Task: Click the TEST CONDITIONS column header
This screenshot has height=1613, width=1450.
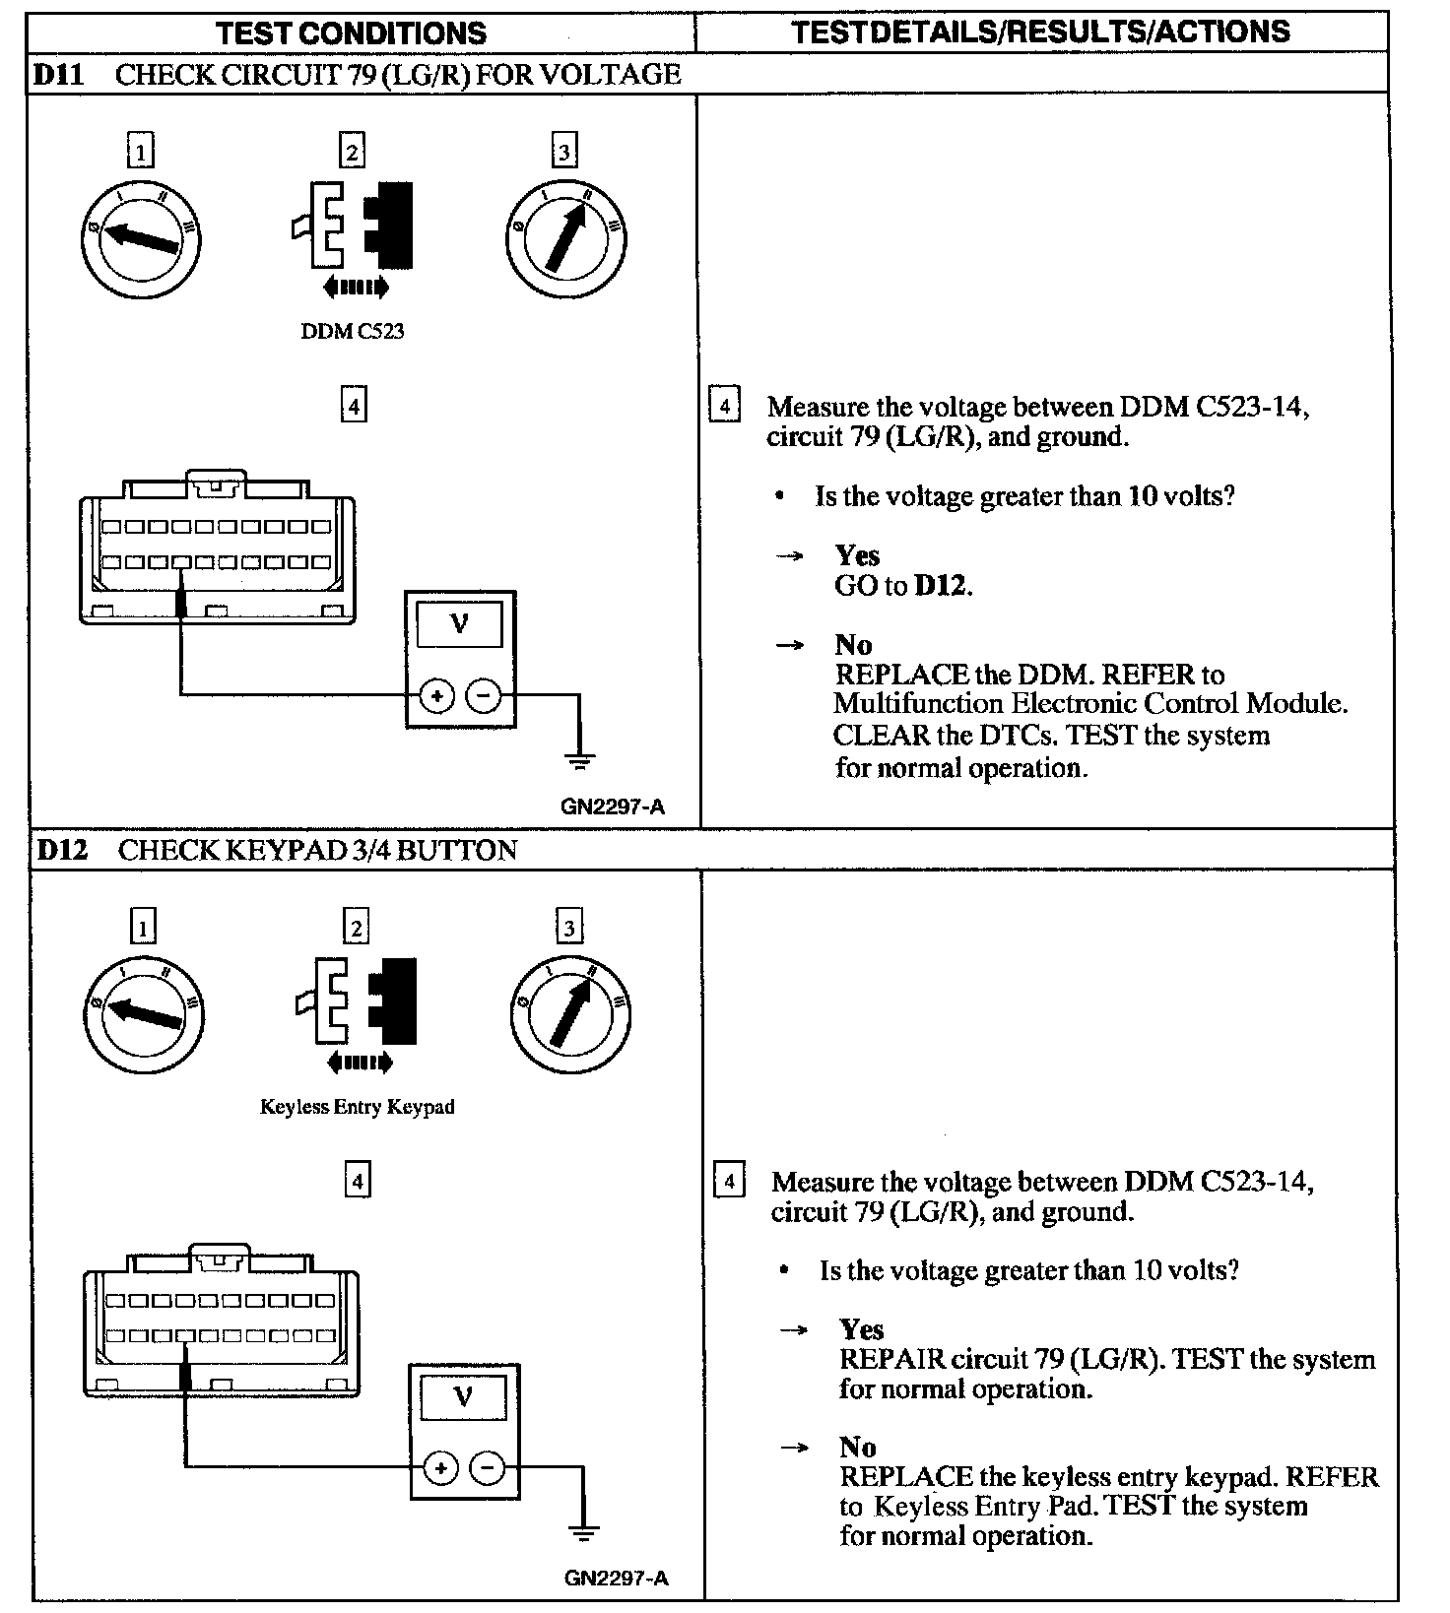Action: [351, 32]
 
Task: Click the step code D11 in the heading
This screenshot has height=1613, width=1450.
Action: [59, 75]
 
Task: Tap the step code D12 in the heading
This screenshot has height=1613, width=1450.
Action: [61, 850]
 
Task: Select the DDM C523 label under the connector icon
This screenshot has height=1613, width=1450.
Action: [352, 331]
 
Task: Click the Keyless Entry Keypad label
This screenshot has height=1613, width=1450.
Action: [357, 1107]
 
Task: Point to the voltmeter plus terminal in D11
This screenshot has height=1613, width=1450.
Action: [436, 696]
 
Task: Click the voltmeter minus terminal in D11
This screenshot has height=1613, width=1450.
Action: [484, 696]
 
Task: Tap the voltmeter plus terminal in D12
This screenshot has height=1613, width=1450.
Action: [440, 1469]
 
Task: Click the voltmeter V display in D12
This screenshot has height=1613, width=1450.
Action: [463, 1396]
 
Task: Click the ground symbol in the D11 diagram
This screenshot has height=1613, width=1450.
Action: [579, 761]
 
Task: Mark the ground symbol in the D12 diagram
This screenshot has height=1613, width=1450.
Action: [583, 1534]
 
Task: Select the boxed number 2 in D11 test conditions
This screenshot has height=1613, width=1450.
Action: [352, 152]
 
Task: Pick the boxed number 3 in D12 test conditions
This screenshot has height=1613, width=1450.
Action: [568, 927]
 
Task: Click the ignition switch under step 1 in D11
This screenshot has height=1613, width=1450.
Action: [141, 238]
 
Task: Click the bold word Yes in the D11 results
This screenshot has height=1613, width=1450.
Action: [857, 556]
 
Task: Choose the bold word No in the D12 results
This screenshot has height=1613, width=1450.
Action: [858, 1447]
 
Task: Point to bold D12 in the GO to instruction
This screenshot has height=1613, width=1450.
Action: [943, 586]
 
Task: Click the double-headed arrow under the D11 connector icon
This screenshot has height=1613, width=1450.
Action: [356, 288]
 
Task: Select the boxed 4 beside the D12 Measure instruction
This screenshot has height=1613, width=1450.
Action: [728, 1182]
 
